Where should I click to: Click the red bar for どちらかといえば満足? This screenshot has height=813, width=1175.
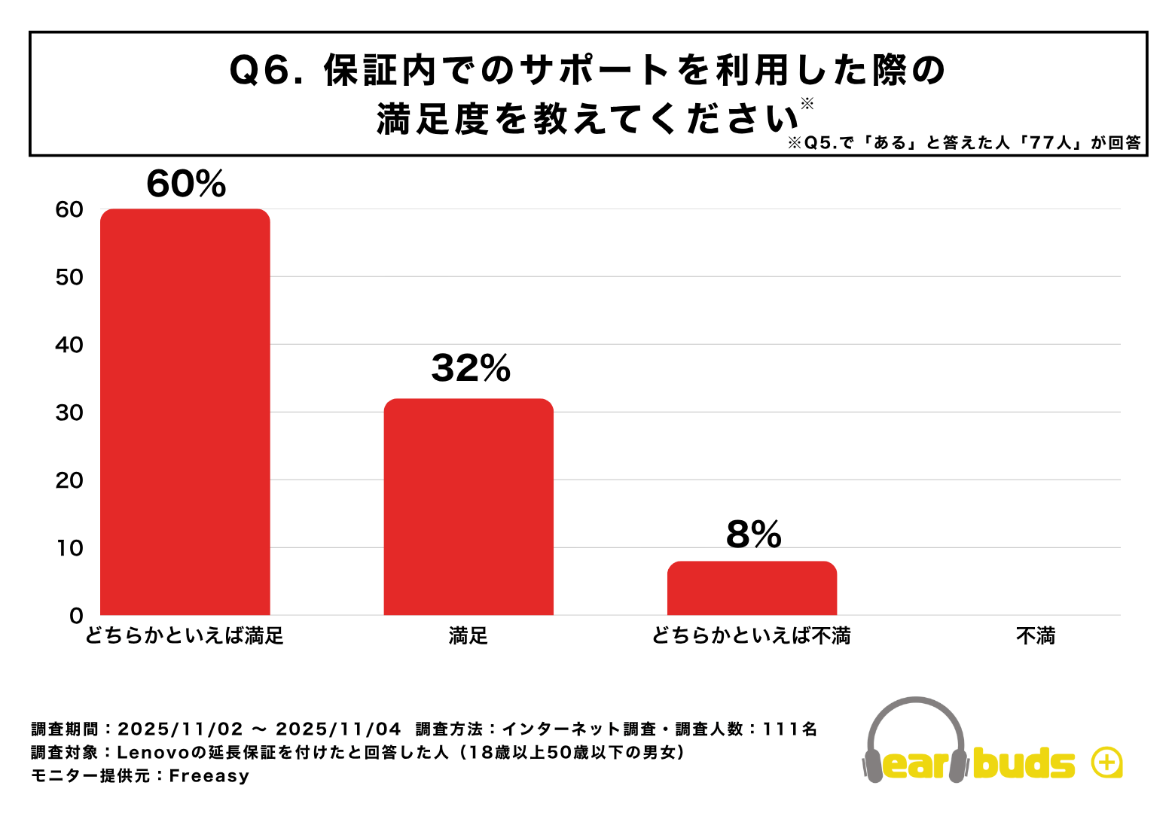(x=185, y=412)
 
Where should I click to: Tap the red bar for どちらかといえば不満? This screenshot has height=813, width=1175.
(x=752, y=588)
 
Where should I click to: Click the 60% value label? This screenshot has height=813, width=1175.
(x=186, y=184)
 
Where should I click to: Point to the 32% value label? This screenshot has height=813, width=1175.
(x=471, y=368)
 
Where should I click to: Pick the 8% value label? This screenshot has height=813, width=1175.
(x=753, y=534)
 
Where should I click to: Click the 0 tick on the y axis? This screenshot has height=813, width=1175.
(x=76, y=616)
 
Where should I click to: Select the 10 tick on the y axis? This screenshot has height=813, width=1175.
(x=69, y=548)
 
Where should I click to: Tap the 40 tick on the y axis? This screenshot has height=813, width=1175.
(x=69, y=345)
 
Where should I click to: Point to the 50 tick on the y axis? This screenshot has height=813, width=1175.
(x=69, y=277)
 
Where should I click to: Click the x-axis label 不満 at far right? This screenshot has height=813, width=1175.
(x=1036, y=637)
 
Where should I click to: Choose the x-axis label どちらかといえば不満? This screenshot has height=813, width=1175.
(x=752, y=637)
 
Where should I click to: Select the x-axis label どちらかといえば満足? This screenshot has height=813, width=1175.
(x=185, y=637)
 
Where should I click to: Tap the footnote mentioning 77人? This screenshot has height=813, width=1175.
(x=964, y=143)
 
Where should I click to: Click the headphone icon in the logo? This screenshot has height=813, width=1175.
(x=915, y=738)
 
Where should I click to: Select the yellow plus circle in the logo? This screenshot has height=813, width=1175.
(x=1106, y=763)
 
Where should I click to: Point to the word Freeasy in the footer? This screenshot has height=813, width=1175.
(x=209, y=776)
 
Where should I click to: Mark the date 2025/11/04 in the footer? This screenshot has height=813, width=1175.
(x=338, y=729)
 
